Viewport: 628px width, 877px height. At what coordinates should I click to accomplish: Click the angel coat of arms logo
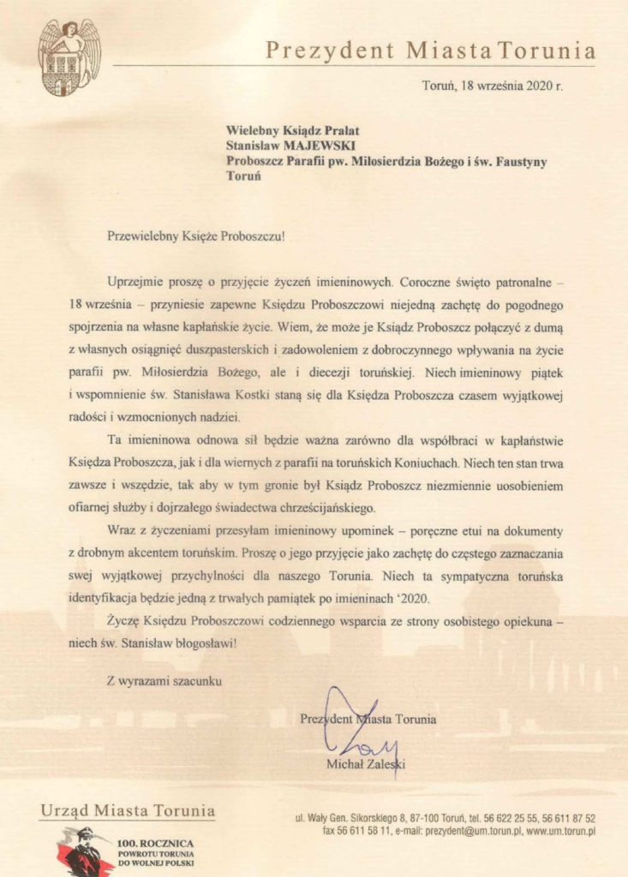69,57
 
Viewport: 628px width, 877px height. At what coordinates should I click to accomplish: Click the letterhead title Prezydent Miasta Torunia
430,51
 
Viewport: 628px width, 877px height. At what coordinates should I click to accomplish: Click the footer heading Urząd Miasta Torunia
127,809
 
